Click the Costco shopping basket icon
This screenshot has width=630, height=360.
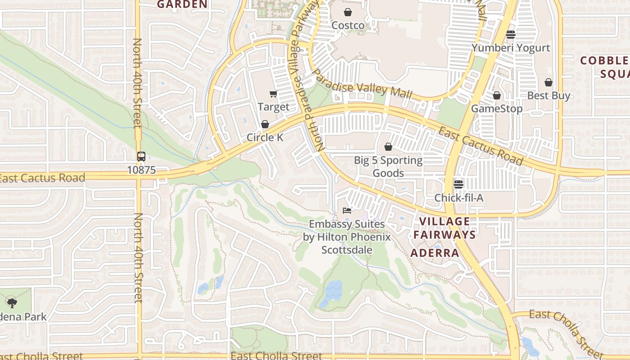[x=348, y=12]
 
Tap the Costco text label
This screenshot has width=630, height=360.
[x=348, y=26]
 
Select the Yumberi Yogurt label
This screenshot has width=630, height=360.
[x=511, y=48]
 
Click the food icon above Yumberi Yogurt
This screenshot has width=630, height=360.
[x=511, y=34]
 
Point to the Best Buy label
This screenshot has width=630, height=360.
[x=549, y=95]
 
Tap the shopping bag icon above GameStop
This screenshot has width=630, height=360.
[x=497, y=95]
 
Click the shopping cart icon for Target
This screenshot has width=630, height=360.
[x=273, y=94]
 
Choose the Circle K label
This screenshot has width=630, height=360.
[x=265, y=137]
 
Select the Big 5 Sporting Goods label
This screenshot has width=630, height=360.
[x=388, y=166]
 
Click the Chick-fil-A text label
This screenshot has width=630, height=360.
[x=459, y=198]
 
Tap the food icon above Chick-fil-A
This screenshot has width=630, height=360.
[x=459, y=184]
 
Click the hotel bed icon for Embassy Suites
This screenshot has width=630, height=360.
[x=346, y=211]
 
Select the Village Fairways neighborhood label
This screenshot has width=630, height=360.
[x=445, y=228]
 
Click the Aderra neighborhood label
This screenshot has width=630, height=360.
[x=435, y=253]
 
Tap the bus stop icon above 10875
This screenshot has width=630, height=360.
[x=141, y=157]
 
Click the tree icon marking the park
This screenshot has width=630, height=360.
[x=12, y=303]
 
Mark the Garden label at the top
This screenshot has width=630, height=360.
[x=182, y=4]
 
